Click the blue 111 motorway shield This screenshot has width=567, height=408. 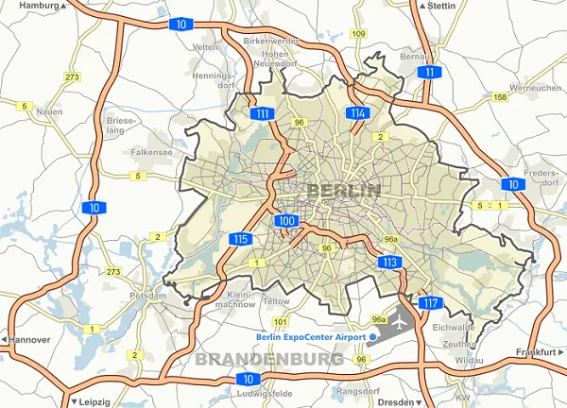point(264,114)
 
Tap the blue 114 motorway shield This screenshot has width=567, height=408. point(357,114)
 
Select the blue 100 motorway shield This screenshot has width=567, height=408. point(288,221)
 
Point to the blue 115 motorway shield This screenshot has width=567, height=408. point(240,240)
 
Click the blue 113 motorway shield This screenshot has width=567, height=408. point(388,262)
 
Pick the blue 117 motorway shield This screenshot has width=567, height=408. point(430,303)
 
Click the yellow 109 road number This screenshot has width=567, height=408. point(358,34)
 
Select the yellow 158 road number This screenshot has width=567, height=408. point(500,97)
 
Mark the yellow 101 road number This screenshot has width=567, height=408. point(280,322)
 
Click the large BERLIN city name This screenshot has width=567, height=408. point(344,191)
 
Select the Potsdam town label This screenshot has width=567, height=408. point(148,296)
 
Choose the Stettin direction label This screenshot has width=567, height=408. point(439,6)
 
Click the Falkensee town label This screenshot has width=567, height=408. point(152,151)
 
